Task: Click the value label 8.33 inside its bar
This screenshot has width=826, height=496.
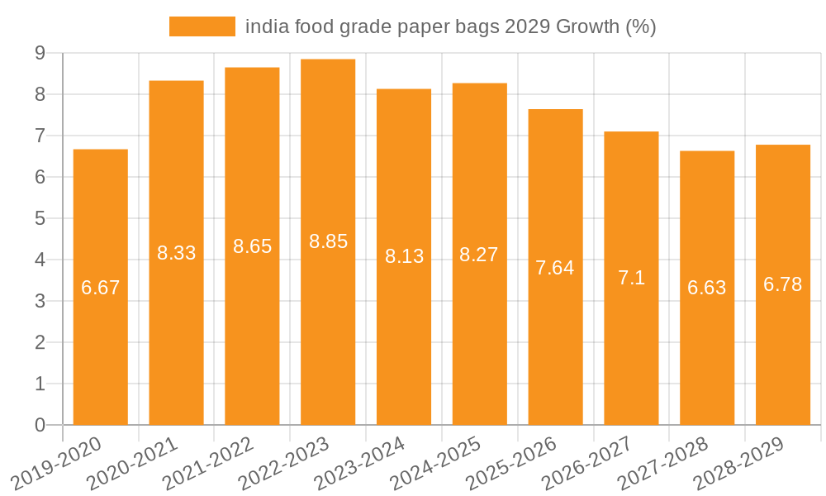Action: coord(177,253)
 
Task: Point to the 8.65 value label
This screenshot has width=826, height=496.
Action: coord(252,246)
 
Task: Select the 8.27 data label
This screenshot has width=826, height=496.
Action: coord(479,255)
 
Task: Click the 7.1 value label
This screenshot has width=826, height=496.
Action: coord(631,279)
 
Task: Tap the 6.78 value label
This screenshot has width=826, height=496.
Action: coord(782,284)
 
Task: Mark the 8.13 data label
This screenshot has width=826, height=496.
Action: coord(404,257)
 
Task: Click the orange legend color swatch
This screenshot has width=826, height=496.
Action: coord(202,26)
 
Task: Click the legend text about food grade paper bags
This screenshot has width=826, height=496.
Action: coord(450,26)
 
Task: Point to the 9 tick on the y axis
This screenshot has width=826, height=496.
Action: coord(40,53)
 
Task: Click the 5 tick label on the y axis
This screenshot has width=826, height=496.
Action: coord(40,218)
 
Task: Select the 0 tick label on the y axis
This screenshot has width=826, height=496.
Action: coord(40,425)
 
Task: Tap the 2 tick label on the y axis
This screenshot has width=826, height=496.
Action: coord(40,342)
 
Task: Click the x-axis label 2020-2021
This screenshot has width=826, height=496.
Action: coord(133,463)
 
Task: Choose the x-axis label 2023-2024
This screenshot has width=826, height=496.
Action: coord(360,463)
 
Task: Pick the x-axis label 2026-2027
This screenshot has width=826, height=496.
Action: coord(588,463)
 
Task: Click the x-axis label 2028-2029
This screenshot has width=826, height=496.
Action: coord(739,463)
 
